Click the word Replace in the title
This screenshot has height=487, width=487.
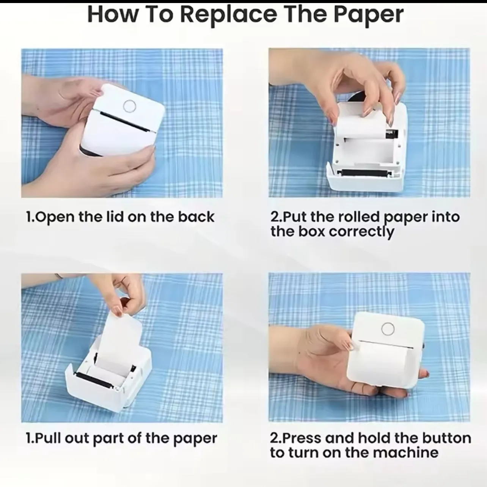[229, 15]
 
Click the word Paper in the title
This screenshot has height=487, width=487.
[368, 15]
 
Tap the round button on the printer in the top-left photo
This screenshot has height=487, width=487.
[130, 106]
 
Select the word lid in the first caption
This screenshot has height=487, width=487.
[116, 217]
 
